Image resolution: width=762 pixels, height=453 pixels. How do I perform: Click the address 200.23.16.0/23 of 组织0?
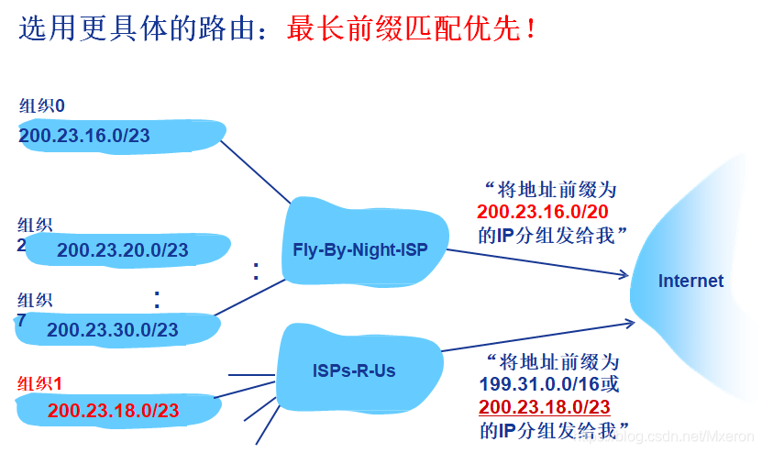click(84, 137)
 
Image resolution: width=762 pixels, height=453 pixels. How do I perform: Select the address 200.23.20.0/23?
click(122, 250)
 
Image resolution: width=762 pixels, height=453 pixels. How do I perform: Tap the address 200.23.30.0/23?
click(113, 329)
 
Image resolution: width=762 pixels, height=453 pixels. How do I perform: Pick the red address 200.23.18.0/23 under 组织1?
click(114, 410)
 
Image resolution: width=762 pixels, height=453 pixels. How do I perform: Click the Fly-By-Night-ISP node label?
click(360, 250)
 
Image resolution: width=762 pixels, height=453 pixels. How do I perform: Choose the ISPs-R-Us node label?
click(353, 371)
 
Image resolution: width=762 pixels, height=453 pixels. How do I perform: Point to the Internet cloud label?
click(690, 282)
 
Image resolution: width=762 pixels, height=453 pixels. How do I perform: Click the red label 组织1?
click(39, 383)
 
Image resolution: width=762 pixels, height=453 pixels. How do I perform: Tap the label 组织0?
click(42, 106)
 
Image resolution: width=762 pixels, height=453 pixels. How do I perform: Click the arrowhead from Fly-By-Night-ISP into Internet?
click(624, 274)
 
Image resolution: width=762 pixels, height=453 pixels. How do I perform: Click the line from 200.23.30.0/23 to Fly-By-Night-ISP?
click(252, 298)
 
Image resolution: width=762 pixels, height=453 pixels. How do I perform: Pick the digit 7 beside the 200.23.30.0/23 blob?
click(21, 321)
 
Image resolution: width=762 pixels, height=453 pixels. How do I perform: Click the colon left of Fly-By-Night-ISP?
click(256, 271)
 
